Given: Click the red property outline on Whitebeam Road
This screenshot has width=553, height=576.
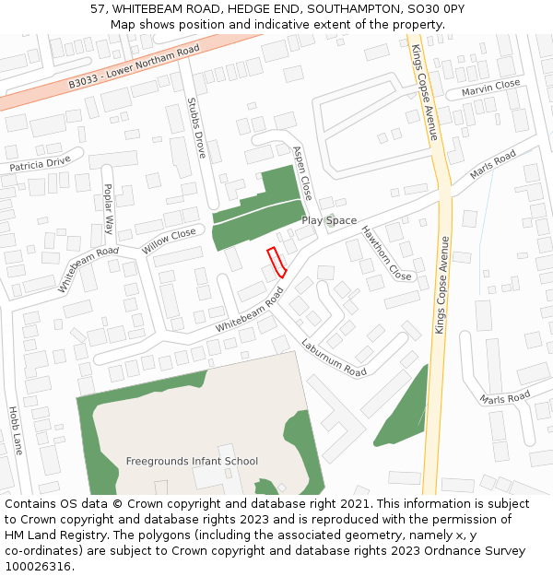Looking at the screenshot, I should point(276,263).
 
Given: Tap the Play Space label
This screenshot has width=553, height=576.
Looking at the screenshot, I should point(329,221).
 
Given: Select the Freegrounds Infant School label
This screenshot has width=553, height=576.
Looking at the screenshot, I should point(192,461).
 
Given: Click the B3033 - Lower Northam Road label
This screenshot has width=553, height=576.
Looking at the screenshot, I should point(135,68).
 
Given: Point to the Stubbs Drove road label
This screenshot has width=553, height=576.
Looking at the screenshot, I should point(196,128).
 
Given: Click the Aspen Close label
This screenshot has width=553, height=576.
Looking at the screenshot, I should point(302,172).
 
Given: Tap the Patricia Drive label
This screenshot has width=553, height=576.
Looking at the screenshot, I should point(40,164).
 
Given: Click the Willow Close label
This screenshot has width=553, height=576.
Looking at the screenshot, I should point(170,241).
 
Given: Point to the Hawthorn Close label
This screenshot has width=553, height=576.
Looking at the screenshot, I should point(386,253).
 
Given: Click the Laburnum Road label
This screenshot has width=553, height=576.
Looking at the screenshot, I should point(333,358).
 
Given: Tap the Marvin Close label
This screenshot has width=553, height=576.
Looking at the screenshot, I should point(490,88).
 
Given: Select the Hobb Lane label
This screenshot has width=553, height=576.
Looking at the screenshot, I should point(15,430).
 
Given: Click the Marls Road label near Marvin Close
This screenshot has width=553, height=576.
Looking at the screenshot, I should point(493,167).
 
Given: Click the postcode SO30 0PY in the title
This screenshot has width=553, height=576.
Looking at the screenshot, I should point(433,8).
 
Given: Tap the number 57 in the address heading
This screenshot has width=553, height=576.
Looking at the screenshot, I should point(98,8).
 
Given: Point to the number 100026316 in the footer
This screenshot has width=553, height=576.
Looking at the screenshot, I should point(38,567).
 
